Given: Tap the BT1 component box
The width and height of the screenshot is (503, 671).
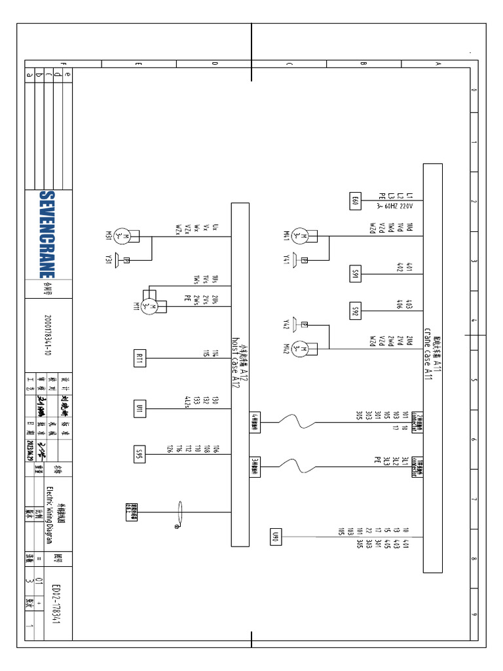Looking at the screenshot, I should (140, 358).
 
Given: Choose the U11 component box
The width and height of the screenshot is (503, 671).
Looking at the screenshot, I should (140, 408).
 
